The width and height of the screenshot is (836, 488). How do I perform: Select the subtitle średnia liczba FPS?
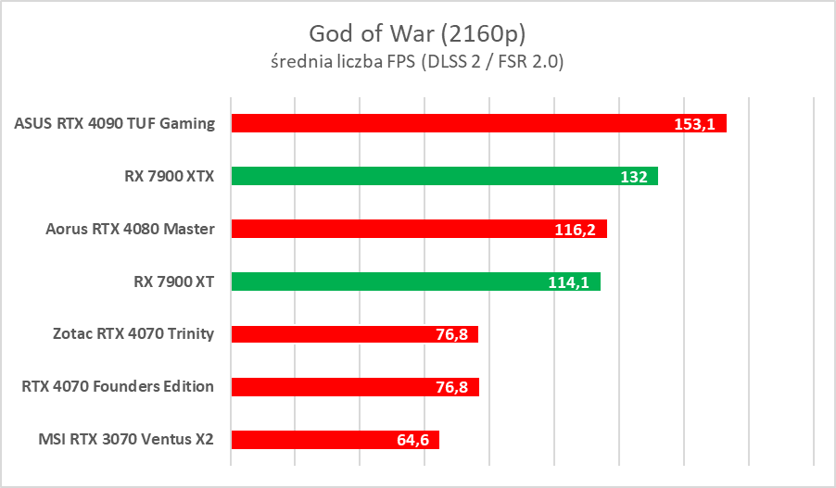pos(344,62)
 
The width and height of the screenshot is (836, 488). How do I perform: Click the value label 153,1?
pos(693,124)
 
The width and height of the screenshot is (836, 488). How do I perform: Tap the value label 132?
pos(633,177)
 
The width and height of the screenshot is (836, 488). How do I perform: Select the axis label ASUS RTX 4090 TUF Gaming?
pos(115,123)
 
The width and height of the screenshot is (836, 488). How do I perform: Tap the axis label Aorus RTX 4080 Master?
pos(130,229)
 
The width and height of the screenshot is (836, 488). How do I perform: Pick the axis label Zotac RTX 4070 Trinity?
pos(135,334)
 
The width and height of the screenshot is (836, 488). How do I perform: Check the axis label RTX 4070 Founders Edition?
pos(118,387)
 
